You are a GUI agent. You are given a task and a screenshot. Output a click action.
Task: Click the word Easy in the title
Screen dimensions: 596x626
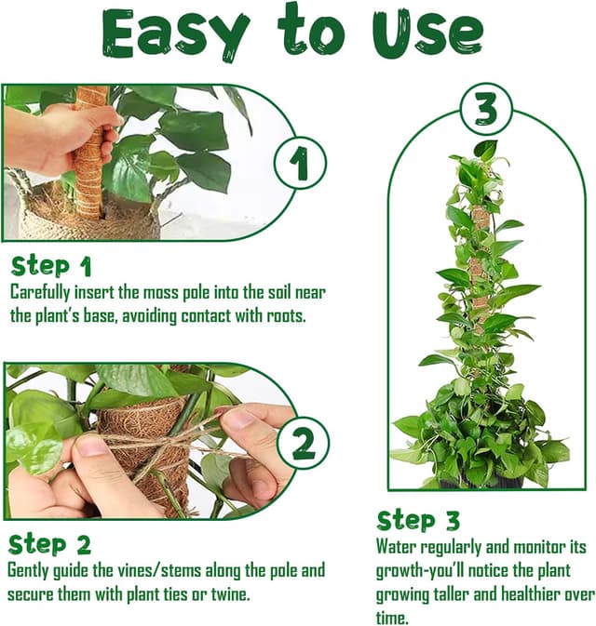tap(174, 34)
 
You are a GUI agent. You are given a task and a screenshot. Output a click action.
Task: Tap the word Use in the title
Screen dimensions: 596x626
tap(427, 32)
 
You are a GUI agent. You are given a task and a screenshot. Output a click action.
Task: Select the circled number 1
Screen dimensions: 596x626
tap(300, 163)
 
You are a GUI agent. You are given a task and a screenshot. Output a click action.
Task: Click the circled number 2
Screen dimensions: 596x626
tap(303, 443)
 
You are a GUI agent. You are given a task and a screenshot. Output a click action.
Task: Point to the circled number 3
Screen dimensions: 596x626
tap(486, 109)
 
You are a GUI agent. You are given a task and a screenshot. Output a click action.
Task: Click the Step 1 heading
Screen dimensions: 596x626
tap(51, 267)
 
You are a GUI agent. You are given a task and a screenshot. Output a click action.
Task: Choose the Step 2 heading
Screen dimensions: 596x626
tap(49, 544)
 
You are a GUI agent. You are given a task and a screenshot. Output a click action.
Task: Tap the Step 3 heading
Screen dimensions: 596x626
tap(418, 521)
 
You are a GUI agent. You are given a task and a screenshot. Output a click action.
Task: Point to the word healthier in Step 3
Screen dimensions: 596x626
tap(531, 594)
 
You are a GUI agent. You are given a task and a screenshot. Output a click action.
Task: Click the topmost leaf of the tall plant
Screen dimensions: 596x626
tap(486, 150)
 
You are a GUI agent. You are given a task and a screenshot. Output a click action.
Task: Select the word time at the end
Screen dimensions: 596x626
tap(392, 619)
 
